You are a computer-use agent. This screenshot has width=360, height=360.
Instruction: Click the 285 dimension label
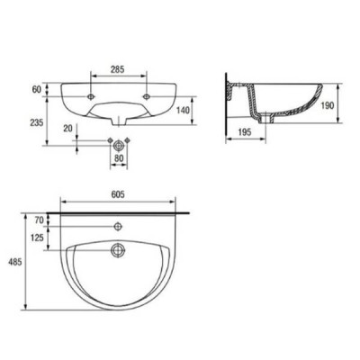pyautogui.click(x=118, y=69)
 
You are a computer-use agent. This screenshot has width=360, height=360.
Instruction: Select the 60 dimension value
pyautogui.click(x=37, y=89)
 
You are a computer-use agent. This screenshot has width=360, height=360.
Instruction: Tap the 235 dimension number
pyautogui.click(x=36, y=122)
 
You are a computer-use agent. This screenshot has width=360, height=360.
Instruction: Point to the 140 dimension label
pyautogui.click(x=183, y=111)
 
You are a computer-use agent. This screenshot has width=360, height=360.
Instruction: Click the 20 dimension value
pyautogui.click(x=68, y=129)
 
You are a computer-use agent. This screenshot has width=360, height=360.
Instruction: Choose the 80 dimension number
pyautogui.click(x=119, y=158)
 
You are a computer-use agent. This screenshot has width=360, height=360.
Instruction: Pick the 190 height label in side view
pyautogui.click(x=327, y=105)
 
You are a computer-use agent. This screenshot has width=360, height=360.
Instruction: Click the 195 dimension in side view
pyautogui.click(x=245, y=132)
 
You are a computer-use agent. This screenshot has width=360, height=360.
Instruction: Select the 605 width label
pyautogui.click(x=118, y=195)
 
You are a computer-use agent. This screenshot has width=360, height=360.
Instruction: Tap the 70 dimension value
pyautogui.click(x=40, y=220)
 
